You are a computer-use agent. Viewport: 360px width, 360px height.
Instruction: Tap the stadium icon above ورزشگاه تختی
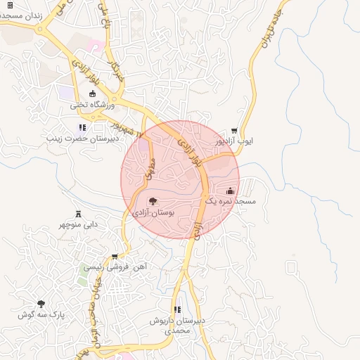pos(92,94)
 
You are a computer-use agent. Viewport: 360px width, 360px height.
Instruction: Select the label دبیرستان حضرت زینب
pos(79,139)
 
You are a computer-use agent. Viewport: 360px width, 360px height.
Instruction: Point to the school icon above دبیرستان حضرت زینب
pos(82,127)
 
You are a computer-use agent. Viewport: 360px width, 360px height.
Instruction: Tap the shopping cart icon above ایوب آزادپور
pos(234,130)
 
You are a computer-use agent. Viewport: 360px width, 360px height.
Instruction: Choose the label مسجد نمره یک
pos(230,201)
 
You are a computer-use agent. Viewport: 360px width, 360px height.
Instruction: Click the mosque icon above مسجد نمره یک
pos(230,191)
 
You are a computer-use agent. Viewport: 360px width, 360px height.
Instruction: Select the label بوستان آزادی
pos(153,212)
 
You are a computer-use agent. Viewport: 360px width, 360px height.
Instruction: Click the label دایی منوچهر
pos(78,225)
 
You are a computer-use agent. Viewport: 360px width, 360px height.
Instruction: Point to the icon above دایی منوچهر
pos(78,214)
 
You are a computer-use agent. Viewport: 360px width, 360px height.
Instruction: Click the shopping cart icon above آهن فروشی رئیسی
pos(115,257)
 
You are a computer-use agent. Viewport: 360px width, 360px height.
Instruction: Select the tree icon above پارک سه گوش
pos(41,304)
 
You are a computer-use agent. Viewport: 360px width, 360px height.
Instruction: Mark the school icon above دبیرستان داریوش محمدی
pos(177,309)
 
